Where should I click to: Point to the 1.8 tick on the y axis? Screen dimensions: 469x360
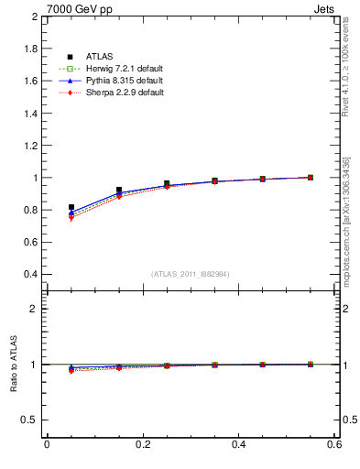pos(30,49)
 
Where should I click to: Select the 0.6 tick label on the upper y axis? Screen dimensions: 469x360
pos(30,242)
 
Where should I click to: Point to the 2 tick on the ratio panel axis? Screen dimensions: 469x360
pos(35,310)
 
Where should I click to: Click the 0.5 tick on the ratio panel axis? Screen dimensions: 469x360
pos(30,420)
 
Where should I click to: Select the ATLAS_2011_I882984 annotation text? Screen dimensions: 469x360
pos(191,274)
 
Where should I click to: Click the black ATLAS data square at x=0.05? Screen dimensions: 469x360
pos(71,208)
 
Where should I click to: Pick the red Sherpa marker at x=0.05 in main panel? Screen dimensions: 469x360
pos(71,219)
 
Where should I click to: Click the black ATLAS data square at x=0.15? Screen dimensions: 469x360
pos(119,191)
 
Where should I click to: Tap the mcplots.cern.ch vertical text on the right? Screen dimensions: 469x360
pos(346,229)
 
